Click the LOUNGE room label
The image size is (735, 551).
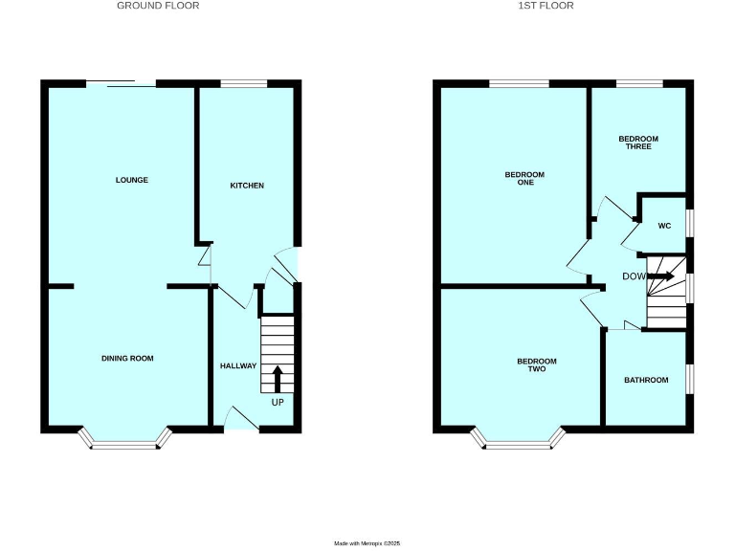(132, 180)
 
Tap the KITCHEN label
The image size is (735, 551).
(246, 185)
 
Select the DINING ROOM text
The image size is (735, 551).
(127, 359)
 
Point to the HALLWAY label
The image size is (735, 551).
(237, 366)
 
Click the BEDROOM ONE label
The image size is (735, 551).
(524, 178)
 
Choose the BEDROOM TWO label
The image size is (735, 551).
(536, 364)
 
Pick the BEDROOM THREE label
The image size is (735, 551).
(638, 143)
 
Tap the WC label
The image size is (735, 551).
(664, 226)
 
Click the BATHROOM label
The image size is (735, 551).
(646, 381)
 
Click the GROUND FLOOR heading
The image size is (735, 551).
(158, 6)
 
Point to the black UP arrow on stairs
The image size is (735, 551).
(278, 378)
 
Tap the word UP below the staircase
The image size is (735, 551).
(278, 403)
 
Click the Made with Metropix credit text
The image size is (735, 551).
(367, 543)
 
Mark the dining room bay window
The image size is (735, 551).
(125, 441)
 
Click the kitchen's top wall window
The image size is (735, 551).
(244, 84)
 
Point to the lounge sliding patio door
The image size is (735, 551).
(122, 85)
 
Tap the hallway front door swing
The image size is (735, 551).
(239, 417)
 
